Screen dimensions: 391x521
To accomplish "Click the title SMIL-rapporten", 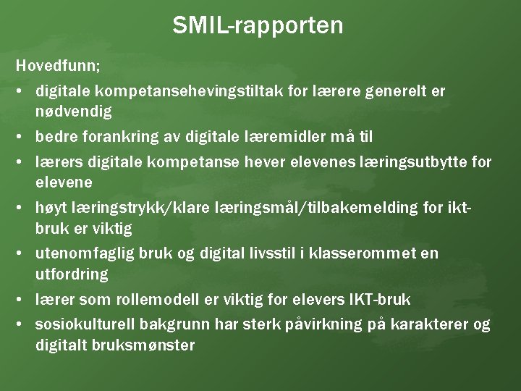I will pyautogui.click(x=258, y=26).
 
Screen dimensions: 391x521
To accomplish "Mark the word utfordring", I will pyautogui.click(x=72, y=274).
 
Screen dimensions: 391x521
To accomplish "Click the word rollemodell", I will pyautogui.click(x=143, y=298).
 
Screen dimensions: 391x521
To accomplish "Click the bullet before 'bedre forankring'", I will pyautogui.click(x=22, y=136).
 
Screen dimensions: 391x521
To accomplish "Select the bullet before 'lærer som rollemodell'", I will pyautogui.click(x=22, y=299).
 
